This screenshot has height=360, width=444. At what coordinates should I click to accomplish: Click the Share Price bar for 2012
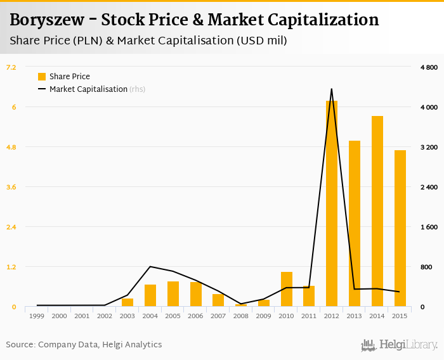(332, 203)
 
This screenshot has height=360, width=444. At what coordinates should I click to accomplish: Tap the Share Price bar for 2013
(355, 224)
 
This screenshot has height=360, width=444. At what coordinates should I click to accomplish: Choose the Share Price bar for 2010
(287, 289)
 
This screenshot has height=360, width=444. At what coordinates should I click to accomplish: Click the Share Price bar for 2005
(173, 294)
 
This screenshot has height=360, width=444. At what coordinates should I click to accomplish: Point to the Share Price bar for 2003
(127, 302)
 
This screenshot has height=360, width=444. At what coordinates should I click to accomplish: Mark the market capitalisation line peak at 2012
(332, 89)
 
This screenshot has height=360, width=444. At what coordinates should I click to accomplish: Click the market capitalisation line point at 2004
(150, 267)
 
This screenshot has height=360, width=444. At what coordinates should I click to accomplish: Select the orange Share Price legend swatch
(42, 77)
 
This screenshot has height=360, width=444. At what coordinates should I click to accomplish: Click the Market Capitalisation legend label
(89, 89)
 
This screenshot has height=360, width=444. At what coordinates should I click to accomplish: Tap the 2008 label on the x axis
(241, 316)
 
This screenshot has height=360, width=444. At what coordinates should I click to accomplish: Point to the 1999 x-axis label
(37, 316)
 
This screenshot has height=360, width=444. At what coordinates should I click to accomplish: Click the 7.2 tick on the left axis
(11, 67)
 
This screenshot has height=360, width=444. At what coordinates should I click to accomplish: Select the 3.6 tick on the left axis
(11, 187)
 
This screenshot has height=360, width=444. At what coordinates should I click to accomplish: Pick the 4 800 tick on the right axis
(429, 67)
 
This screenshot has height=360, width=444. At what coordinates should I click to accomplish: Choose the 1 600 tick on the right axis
(429, 227)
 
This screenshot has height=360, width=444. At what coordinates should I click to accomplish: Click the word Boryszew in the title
(46, 20)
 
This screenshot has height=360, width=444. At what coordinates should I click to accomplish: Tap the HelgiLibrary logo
(400, 345)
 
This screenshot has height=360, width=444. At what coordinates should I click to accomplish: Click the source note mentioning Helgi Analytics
(84, 345)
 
